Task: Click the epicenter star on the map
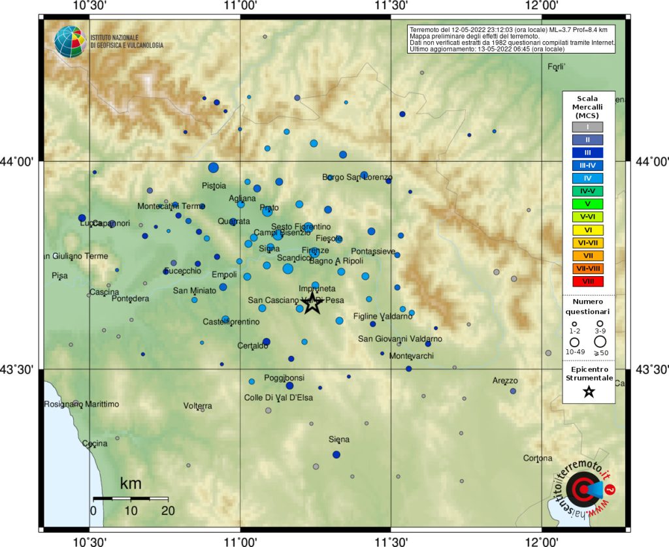(312, 302)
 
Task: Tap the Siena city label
(338, 439)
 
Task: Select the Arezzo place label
(505, 381)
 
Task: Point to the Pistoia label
(214, 185)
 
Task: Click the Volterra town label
(197, 406)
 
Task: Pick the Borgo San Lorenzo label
(357, 178)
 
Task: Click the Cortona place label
(538, 458)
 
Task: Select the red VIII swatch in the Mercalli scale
(588, 281)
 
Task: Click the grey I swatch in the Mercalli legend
(588, 127)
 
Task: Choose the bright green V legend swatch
(588, 204)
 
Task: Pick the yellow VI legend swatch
(588, 230)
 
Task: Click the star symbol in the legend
(589, 392)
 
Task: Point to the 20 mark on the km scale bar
(168, 511)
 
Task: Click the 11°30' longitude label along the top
(391, 6)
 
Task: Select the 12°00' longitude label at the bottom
(542, 541)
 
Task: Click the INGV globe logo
(70, 42)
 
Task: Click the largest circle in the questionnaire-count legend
(600, 341)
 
